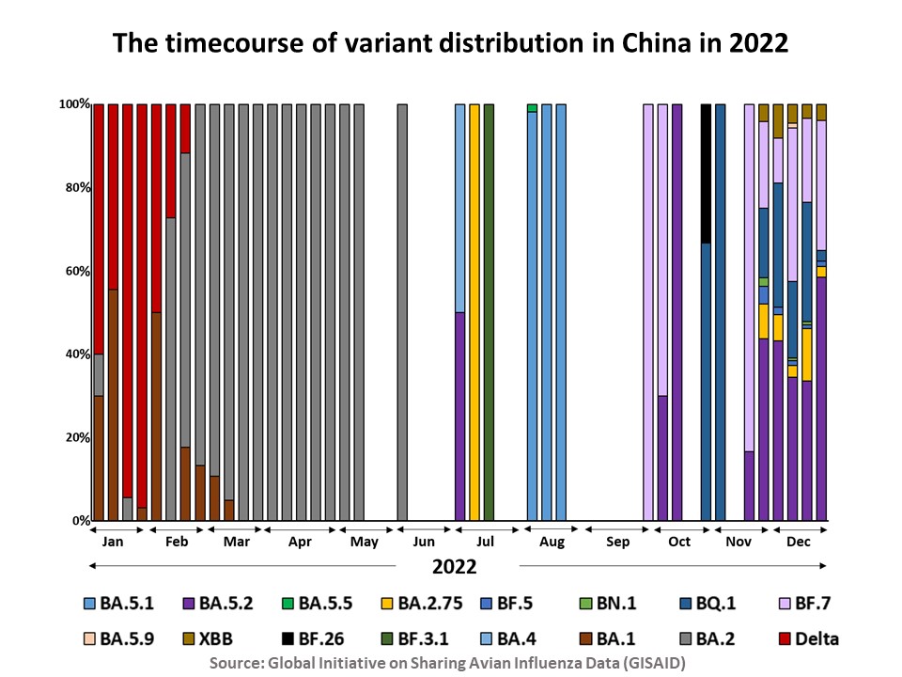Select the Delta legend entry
(x=807, y=638)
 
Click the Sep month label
(x=617, y=543)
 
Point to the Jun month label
(x=424, y=543)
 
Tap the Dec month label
(x=798, y=543)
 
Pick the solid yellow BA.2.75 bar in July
(x=474, y=310)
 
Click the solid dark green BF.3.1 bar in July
(x=489, y=310)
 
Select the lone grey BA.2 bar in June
(x=402, y=310)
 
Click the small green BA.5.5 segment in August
(x=532, y=108)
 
